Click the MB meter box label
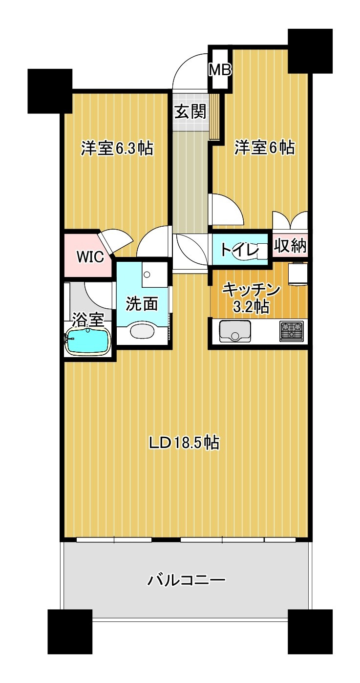(220, 70)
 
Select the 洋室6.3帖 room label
(117, 148)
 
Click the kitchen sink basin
(235, 331)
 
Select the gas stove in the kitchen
(291, 331)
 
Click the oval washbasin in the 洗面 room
(145, 331)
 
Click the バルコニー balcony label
(186, 580)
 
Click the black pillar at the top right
(310, 51)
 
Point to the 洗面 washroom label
(142, 304)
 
